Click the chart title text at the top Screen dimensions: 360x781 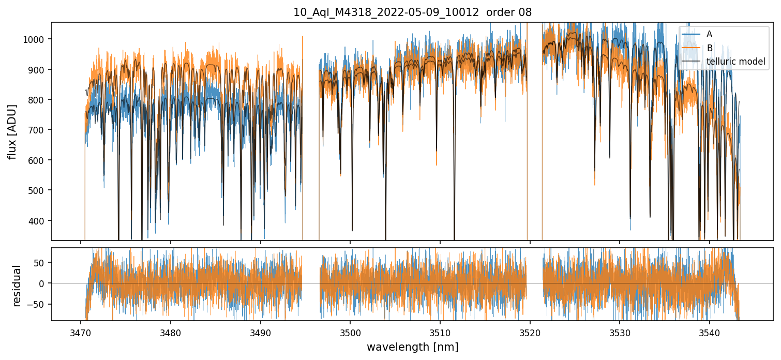tap(412, 12)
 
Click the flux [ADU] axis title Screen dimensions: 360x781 tap(12, 131)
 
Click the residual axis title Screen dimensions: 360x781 tap(17, 286)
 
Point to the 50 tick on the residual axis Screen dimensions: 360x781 tap(42, 262)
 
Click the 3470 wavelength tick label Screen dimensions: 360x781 tap(80, 331)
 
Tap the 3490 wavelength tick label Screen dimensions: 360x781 tap(260, 331)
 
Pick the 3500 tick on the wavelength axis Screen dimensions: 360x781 tap(350, 331)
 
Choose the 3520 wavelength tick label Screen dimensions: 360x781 tap(530, 331)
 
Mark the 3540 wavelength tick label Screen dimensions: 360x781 tap(709, 331)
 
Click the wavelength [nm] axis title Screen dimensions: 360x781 tap(412, 347)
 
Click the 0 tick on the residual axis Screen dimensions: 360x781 tap(44, 283)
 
